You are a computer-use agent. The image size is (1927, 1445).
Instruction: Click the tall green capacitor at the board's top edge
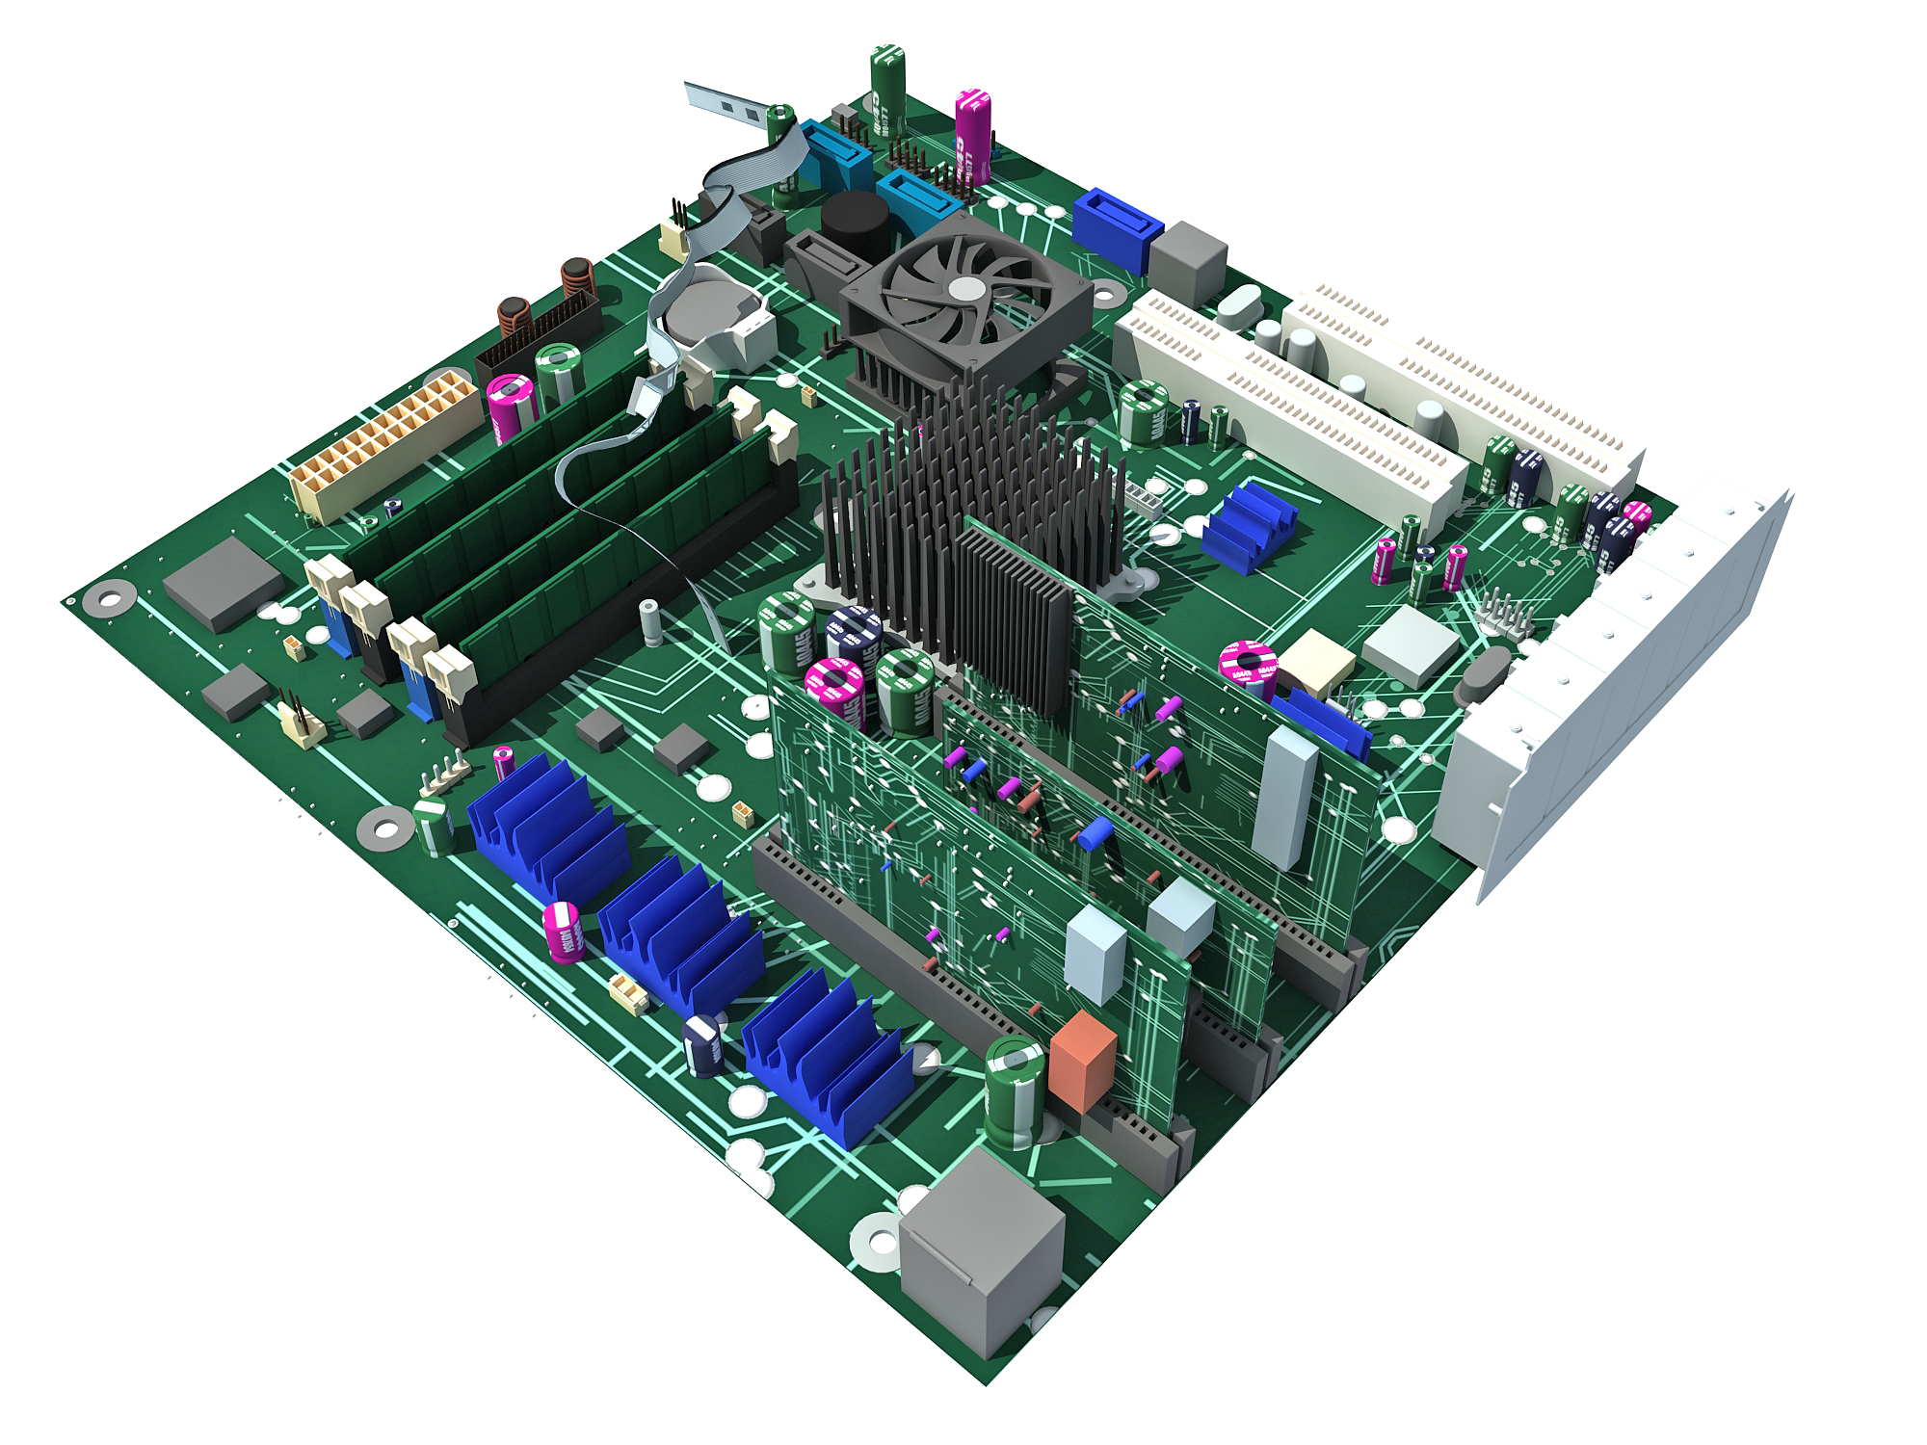(887, 87)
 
